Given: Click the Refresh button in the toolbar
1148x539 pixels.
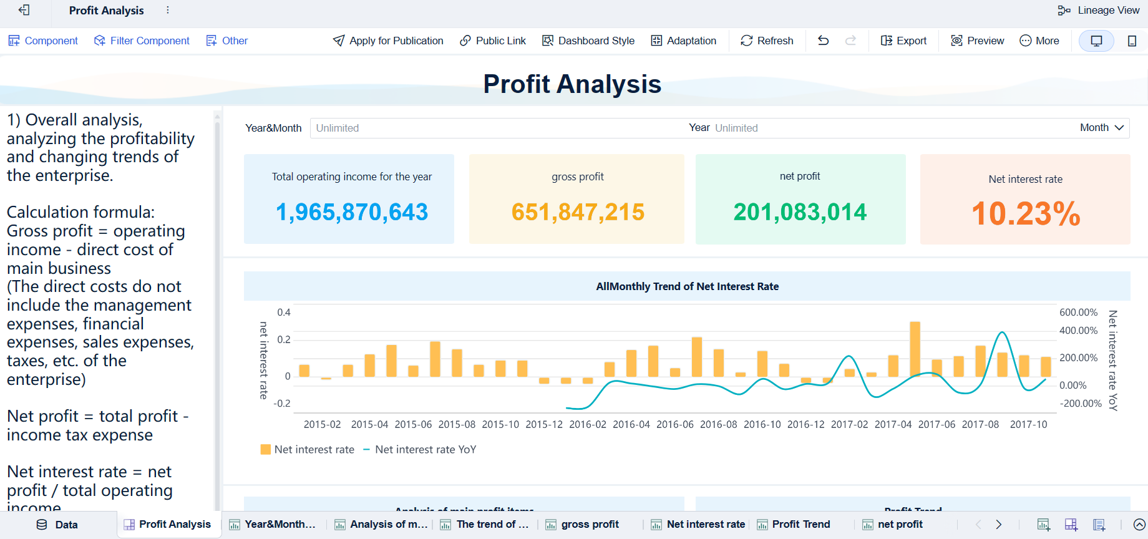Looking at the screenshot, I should point(767,41).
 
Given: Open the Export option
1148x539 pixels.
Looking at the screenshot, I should point(903,41).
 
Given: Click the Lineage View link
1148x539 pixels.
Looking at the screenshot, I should point(1099,10).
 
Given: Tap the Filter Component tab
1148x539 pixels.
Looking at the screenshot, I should point(142,41).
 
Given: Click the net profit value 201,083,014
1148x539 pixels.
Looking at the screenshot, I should point(800,212).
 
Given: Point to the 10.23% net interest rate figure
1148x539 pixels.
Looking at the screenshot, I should point(1025,214).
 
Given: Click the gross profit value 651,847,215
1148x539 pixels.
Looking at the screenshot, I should point(578,212).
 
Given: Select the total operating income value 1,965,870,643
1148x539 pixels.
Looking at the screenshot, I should point(352,212).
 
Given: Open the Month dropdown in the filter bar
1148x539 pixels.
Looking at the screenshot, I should point(1102,127).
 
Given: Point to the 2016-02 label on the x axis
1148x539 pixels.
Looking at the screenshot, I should point(587,424).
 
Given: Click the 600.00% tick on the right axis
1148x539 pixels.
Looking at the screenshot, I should point(1078,312).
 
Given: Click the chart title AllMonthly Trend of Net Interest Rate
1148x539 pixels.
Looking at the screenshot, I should point(687,286).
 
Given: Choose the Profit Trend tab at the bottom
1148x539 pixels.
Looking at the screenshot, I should point(800,524).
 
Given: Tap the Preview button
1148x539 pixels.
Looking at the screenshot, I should point(978,41).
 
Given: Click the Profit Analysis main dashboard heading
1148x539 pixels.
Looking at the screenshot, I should point(572,84).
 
